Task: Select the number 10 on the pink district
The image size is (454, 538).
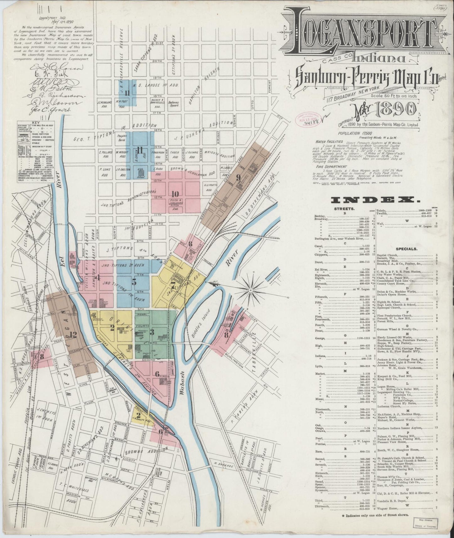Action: [x=175, y=194]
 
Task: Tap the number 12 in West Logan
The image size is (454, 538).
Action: [x=73, y=335]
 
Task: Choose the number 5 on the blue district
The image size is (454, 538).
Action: [x=134, y=282]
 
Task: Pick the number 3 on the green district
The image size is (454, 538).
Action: [x=152, y=332]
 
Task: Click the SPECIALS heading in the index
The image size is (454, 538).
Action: [x=406, y=249]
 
